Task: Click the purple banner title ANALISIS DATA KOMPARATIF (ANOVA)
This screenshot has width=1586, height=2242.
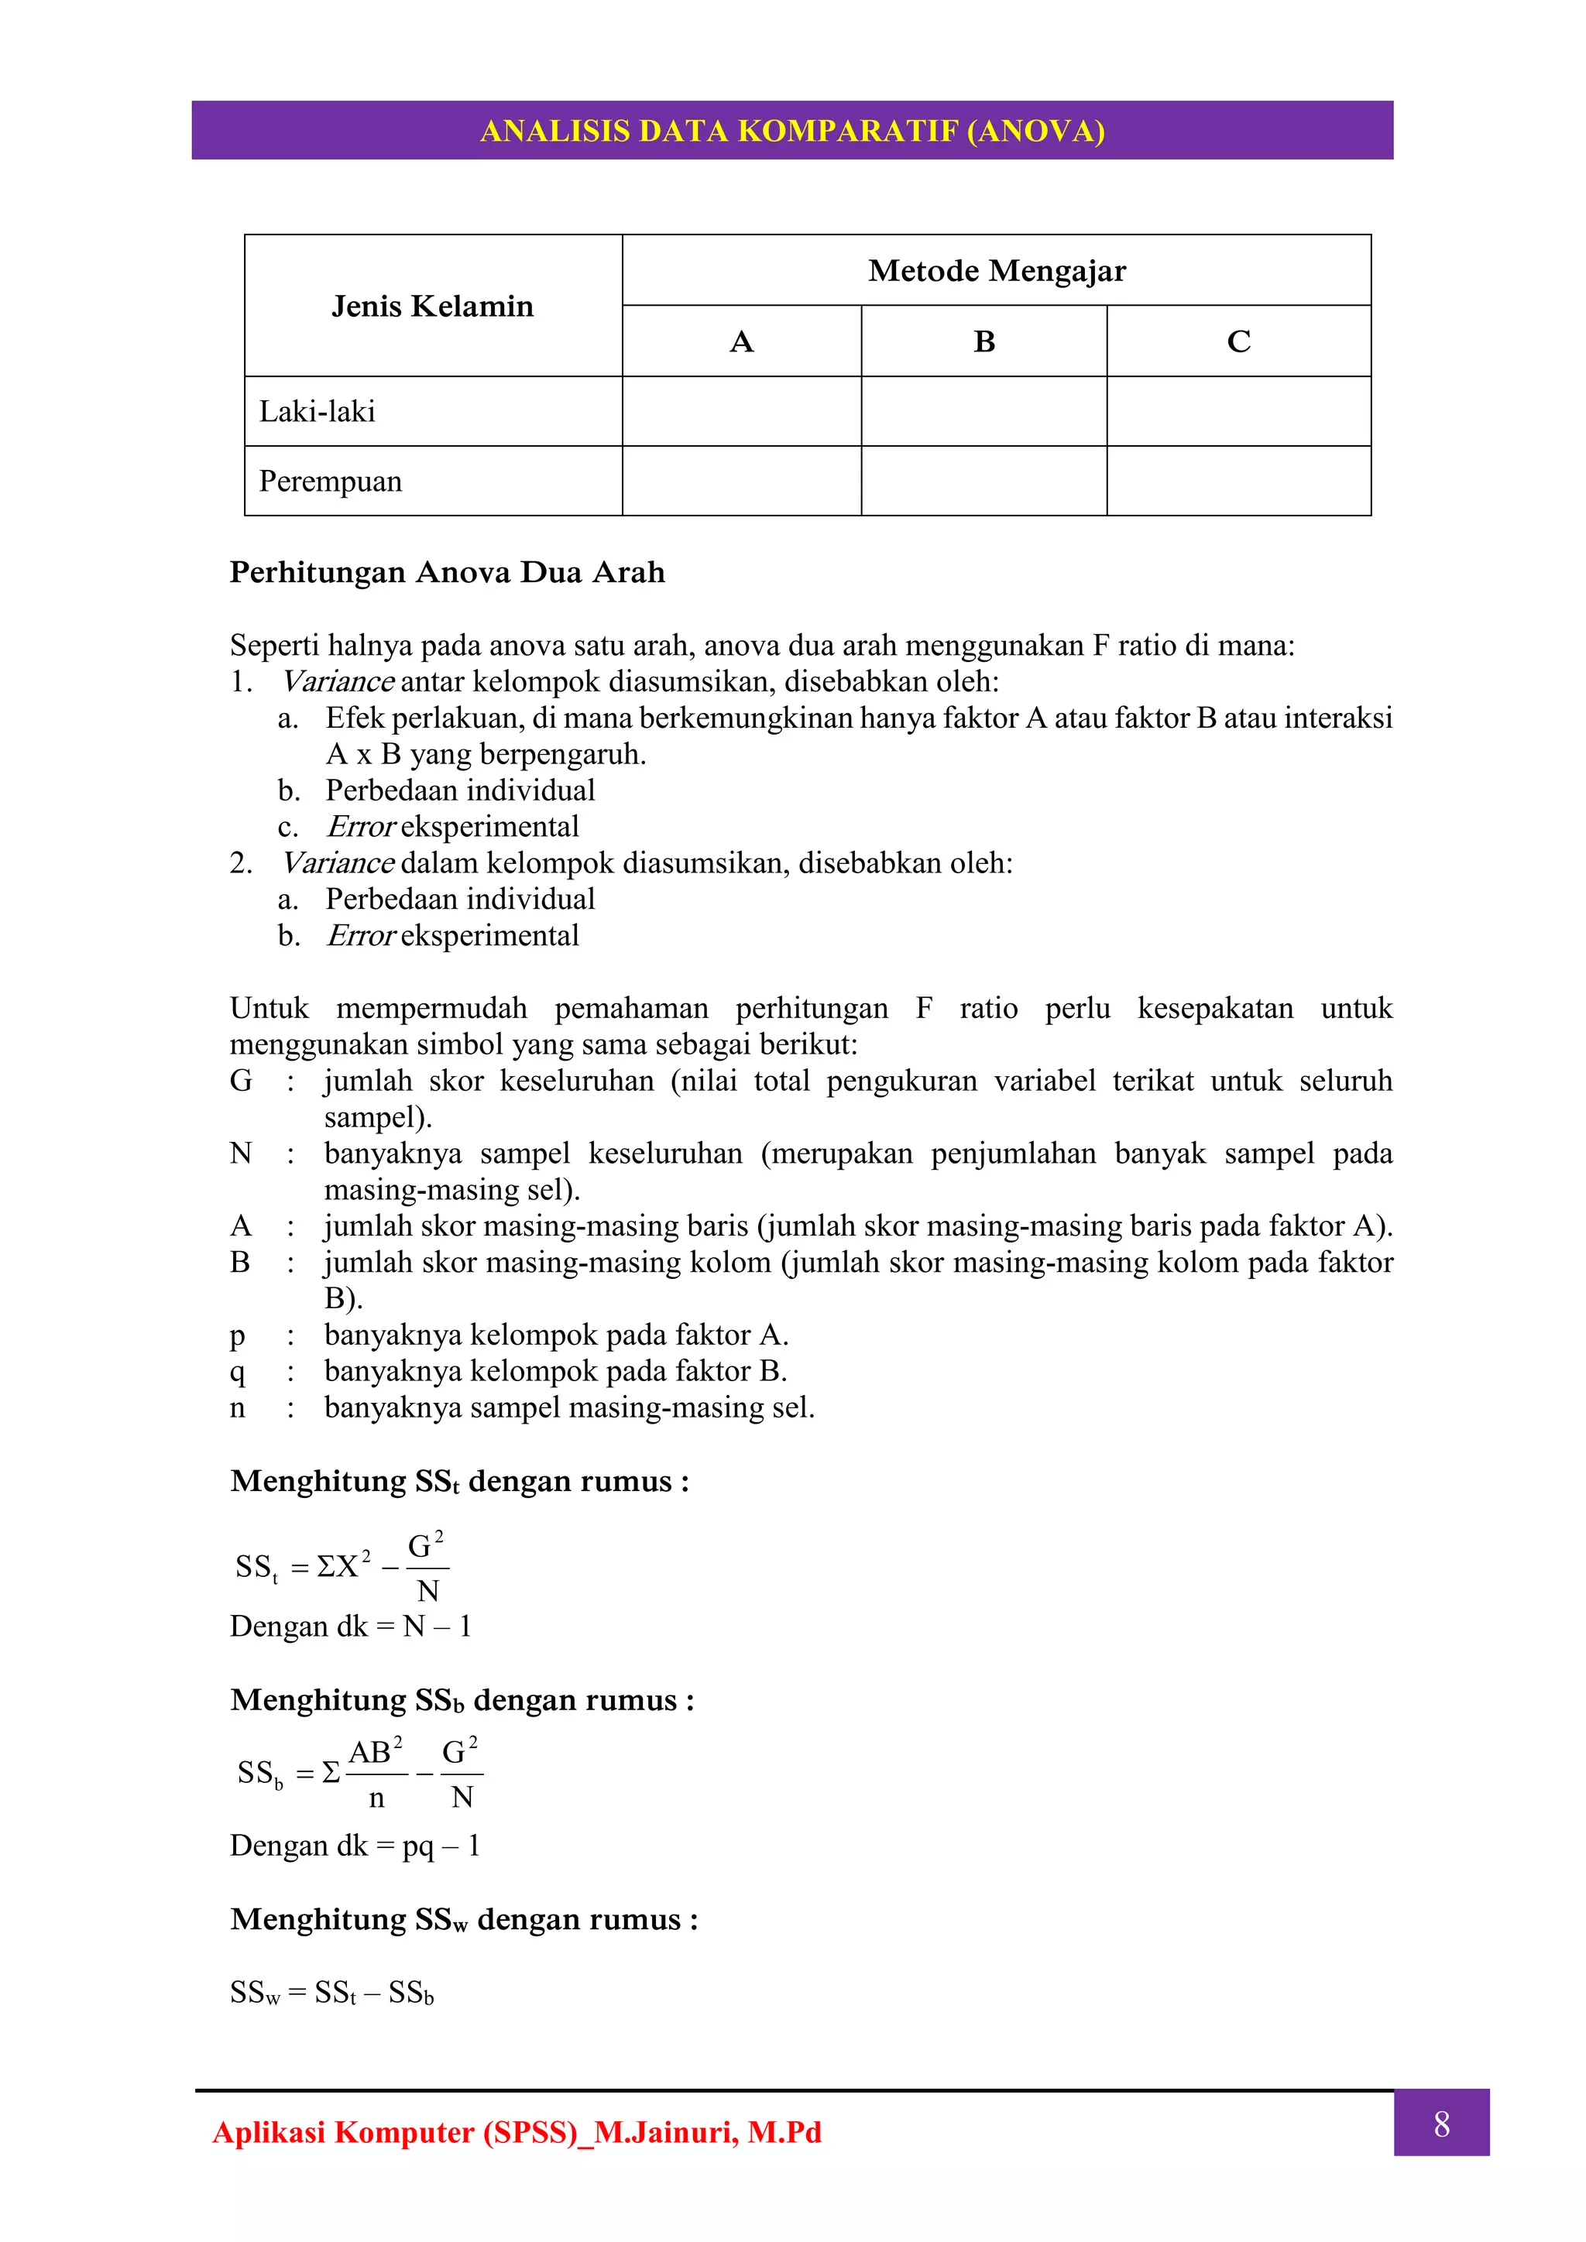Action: click(x=792, y=131)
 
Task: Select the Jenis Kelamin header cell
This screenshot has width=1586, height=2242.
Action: click(x=433, y=307)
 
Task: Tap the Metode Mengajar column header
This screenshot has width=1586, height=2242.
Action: click(x=996, y=270)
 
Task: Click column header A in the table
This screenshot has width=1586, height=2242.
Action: click(x=741, y=341)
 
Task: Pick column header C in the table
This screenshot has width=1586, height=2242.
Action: click(x=1238, y=341)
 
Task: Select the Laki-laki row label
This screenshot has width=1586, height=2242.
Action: click(x=318, y=411)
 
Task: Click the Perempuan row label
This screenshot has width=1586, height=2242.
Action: click(x=330, y=482)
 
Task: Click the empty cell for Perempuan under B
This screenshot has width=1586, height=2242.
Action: click(x=984, y=482)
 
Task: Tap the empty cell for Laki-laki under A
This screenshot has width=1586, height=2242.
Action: click(x=741, y=411)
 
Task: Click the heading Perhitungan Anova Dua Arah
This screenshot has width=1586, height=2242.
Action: click(x=448, y=572)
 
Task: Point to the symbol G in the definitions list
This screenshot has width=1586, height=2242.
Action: click(x=240, y=1080)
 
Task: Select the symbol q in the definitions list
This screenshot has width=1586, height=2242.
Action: click(x=237, y=1372)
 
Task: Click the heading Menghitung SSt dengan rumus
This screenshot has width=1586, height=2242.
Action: click(x=459, y=1481)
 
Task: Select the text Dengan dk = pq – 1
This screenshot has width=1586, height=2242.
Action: click(x=355, y=1846)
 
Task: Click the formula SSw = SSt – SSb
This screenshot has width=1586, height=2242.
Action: click(x=332, y=1992)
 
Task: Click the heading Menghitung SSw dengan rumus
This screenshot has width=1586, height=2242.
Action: click(x=464, y=1920)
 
